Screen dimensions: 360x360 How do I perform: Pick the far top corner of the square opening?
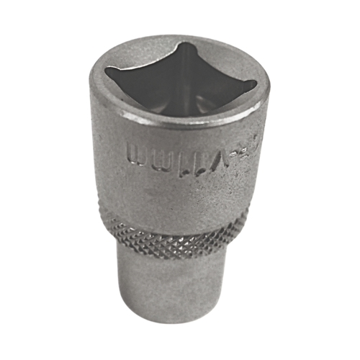click(189, 46)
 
